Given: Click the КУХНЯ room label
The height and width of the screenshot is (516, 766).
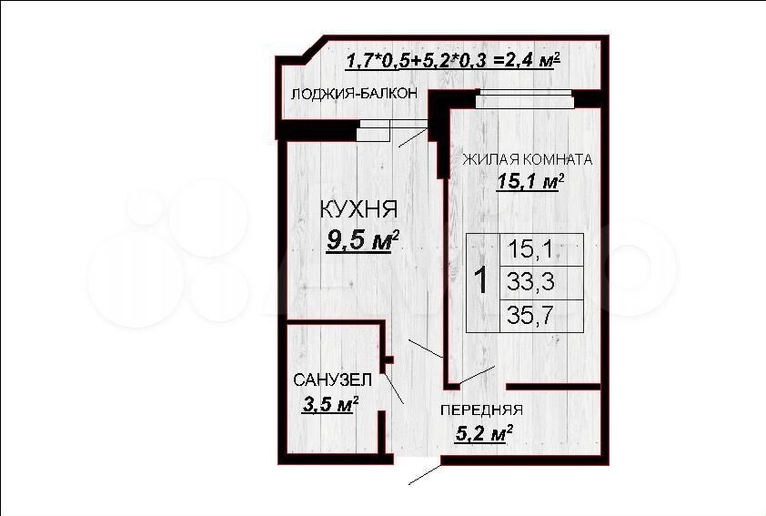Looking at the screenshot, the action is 358,209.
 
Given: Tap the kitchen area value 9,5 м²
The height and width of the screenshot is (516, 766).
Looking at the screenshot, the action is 363,240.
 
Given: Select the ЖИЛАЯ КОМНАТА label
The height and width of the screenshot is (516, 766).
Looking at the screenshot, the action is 527,159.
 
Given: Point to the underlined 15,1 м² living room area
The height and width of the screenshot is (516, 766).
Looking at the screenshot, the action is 530,181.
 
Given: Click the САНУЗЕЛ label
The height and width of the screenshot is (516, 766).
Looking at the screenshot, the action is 332,379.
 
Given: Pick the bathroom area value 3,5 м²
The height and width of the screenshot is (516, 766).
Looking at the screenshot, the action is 331,404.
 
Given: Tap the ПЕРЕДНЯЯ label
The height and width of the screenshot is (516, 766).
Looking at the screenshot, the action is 481,410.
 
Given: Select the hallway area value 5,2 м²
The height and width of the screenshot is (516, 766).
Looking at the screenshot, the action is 484,433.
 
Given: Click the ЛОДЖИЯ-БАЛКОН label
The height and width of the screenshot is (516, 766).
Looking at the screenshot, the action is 354,94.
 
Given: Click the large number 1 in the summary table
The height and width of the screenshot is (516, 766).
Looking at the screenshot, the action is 481,280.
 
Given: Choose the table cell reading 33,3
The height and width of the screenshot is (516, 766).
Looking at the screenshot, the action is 530,282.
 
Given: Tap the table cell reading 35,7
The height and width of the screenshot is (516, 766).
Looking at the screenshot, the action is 530,315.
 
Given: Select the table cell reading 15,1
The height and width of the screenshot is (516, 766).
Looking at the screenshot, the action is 530,249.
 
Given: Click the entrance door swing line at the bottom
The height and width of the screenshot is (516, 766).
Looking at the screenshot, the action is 425,474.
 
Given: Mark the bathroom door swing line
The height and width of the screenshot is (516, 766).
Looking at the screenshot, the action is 394,389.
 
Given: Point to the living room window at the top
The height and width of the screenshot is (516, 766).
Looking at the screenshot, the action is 525,98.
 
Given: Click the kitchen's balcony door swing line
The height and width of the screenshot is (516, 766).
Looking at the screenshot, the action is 414,137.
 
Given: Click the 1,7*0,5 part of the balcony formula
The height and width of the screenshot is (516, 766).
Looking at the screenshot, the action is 372,61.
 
